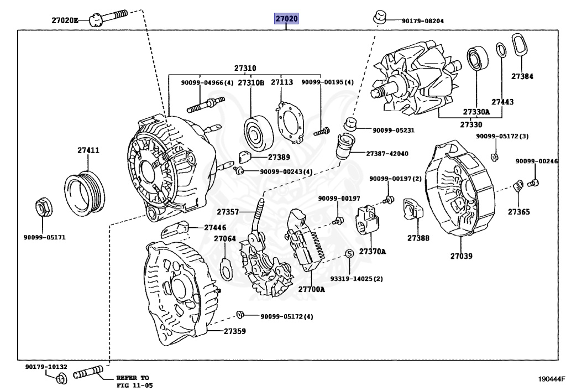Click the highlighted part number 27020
[x=287, y=18]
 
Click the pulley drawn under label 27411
[x=85, y=194]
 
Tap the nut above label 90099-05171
[x=44, y=207]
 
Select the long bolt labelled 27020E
[x=108, y=18]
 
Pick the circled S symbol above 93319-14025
[x=349, y=253]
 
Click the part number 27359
[x=234, y=331]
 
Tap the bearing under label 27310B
[x=258, y=133]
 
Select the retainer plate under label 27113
[x=290, y=122]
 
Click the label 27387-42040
[x=387, y=153]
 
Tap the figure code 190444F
[x=551, y=379]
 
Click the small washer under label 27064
[x=226, y=268]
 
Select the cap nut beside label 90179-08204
[x=379, y=17]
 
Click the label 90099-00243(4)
[x=286, y=171]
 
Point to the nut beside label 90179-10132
[x=61, y=379]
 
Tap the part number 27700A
[x=311, y=289]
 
